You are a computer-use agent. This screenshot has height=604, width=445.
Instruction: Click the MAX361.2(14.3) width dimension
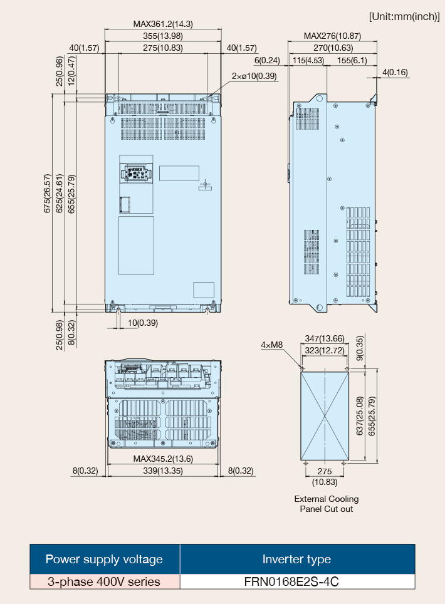[x=163, y=24]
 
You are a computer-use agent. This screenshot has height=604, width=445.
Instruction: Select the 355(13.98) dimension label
[x=163, y=36]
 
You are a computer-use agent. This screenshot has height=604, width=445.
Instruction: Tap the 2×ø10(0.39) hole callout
[x=254, y=76]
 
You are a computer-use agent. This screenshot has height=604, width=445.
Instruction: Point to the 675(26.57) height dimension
[x=48, y=194]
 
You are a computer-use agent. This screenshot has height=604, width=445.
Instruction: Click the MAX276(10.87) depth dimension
[x=333, y=36]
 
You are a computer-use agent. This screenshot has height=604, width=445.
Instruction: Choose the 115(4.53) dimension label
[x=308, y=61]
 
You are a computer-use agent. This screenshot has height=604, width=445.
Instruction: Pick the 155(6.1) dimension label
[x=352, y=61]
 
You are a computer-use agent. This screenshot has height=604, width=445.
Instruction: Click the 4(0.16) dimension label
[x=395, y=73]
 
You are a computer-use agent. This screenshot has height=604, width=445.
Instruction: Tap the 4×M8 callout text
[x=272, y=345]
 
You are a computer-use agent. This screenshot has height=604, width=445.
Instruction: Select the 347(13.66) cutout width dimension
[x=325, y=338]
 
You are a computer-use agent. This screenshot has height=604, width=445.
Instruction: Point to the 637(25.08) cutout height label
[x=360, y=416]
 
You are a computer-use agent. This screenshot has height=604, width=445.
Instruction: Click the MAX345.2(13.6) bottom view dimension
[x=163, y=459]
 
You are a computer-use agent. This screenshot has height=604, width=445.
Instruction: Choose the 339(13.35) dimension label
[x=163, y=471]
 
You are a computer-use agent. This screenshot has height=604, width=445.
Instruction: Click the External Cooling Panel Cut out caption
[x=327, y=504]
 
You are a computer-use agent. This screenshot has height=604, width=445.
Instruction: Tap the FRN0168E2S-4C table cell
[x=291, y=581]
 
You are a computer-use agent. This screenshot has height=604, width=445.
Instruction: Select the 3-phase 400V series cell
[x=104, y=581]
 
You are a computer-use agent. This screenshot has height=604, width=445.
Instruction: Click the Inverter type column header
[x=296, y=560]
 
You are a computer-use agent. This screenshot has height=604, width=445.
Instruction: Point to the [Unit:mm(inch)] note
[x=404, y=16]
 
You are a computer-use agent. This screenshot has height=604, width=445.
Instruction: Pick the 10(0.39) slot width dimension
[x=142, y=323]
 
